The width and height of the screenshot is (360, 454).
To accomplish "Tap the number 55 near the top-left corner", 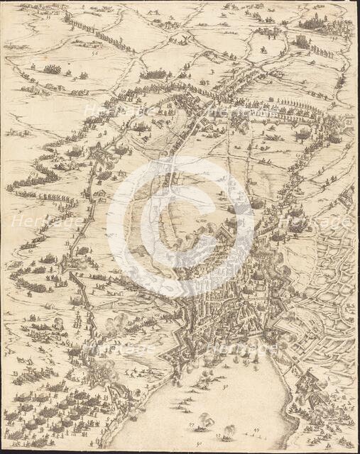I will point(48,17).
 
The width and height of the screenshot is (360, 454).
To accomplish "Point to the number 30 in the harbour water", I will point(225,387).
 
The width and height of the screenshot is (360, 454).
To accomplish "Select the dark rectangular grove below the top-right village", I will point(303,43).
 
